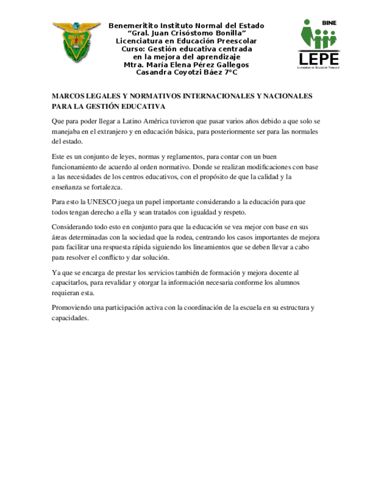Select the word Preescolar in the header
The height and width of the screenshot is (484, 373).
point(235,41)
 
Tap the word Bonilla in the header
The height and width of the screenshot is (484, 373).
point(227,33)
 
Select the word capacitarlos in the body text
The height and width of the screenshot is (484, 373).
point(70,283)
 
